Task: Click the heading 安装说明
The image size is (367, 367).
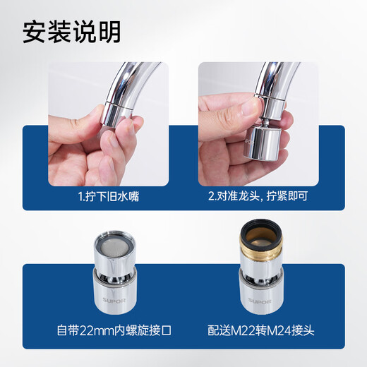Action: click(x=71, y=31)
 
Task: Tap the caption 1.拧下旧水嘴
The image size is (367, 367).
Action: click(x=109, y=196)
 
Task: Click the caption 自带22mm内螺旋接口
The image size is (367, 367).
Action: click(x=109, y=328)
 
